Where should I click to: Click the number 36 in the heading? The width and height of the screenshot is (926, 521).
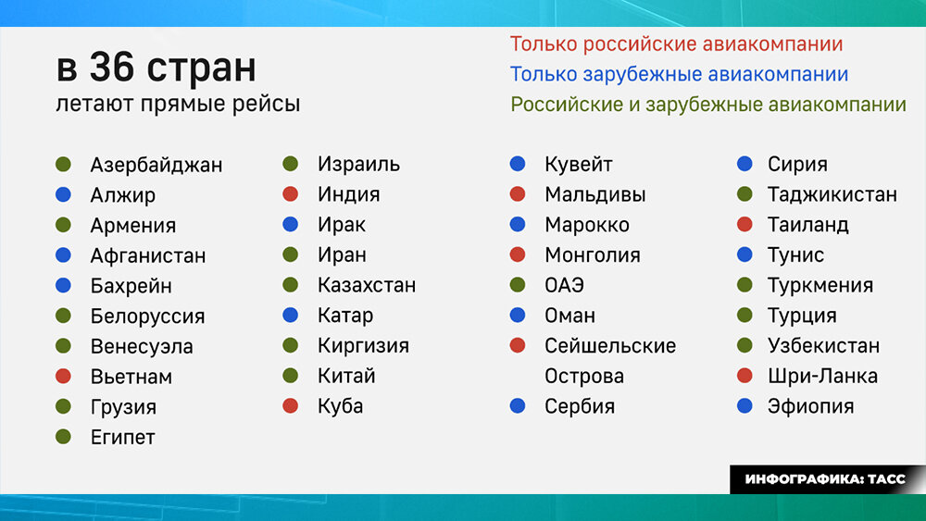[x=113, y=67]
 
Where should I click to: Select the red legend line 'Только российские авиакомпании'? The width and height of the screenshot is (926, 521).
[x=676, y=44]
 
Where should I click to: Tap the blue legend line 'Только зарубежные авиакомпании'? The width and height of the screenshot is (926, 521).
[x=679, y=74]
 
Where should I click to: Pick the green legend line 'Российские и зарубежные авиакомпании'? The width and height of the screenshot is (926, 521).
[x=708, y=105]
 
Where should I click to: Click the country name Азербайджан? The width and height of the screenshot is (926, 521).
[x=156, y=166]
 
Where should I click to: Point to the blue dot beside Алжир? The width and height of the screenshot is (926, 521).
[x=63, y=194]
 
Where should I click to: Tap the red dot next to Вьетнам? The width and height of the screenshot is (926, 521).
[x=63, y=376]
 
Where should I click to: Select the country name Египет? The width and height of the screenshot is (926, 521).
[x=123, y=437]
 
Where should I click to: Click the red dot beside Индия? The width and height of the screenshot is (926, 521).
[x=290, y=193]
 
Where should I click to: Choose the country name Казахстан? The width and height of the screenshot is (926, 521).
[x=367, y=286]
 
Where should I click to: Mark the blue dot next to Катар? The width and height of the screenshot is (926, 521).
[x=290, y=315]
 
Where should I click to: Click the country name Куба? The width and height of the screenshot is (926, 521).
[x=340, y=406]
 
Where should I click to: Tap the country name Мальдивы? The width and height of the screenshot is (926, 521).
[x=595, y=194]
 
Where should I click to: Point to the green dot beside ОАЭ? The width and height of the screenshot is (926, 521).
[x=518, y=284]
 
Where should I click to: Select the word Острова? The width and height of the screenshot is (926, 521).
[x=584, y=377]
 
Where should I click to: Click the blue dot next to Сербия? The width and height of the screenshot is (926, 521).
[x=518, y=405]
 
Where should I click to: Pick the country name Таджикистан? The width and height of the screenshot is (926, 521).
[x=832, y=194]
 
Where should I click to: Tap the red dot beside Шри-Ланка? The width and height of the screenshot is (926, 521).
[x=745, y=376]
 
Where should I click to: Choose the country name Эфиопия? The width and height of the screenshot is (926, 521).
[x=811, y=406]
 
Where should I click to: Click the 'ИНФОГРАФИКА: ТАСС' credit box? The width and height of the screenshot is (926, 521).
[x=827, y=479]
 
